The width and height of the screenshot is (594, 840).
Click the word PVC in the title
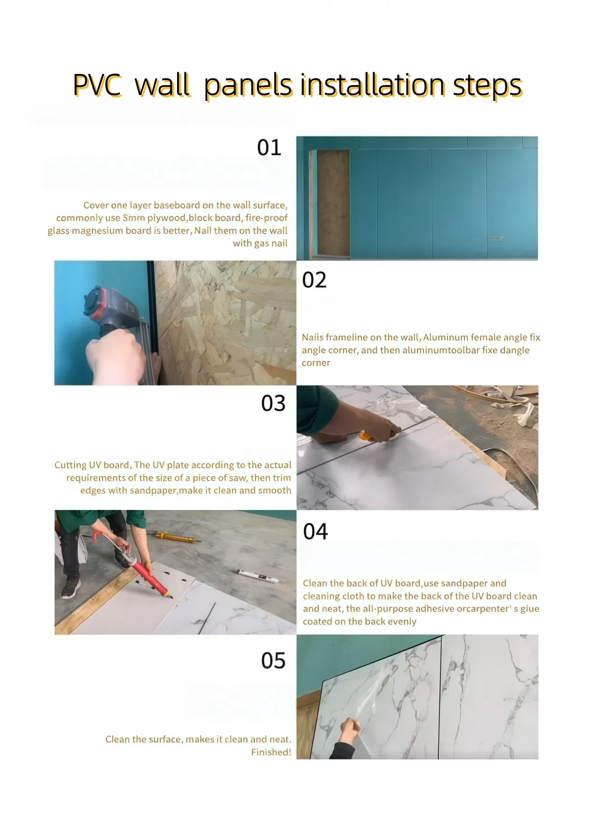pos(97,85)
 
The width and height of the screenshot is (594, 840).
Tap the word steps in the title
pos(487,85)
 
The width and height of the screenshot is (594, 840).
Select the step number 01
pos(269,147)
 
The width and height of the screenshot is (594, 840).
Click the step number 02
pos(314,280)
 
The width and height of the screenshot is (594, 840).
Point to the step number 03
pos(273,403)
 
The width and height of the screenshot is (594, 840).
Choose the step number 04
pos(315,531)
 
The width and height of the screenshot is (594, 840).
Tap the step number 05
pos(273,661)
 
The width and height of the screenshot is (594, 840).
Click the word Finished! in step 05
pos(271,752)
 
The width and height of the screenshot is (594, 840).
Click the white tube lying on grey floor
pos(259,576)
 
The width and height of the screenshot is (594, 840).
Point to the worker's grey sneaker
pos(71,589)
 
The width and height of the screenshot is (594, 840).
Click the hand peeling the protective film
pos(350,731)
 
